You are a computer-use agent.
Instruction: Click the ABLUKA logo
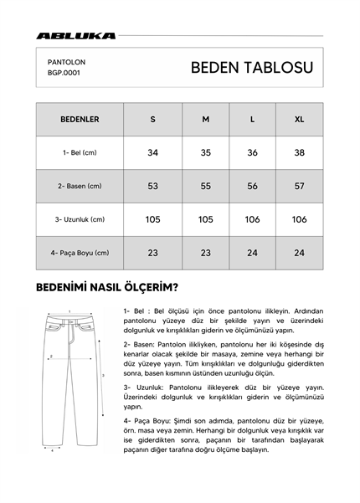pos(76,36)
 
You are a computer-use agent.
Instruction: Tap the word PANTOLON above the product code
pos(66,61)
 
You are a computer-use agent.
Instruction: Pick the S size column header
pos(152,120)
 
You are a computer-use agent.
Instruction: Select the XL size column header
pos(299,120)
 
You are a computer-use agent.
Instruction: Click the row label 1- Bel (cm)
pos(80,153)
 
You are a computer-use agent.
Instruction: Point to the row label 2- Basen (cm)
pos(80,186)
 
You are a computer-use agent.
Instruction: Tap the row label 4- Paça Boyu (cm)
pos(80,253)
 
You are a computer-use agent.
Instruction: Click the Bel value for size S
pos(152,153)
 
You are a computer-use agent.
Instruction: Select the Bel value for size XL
pos(299,153)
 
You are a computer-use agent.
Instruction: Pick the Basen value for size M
pos(205,186)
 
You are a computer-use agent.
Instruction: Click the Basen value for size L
pos(252,186)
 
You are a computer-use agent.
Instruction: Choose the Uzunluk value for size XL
pos(299,219)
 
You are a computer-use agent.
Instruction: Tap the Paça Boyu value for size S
pos(152,253)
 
